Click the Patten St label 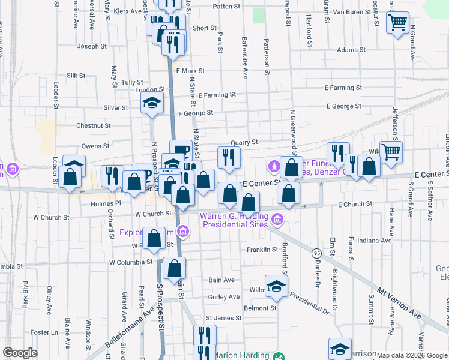226,7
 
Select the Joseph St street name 92,46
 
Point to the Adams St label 348,50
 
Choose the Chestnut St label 94,126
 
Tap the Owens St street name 95,146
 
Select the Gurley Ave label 223,297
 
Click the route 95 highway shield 316,254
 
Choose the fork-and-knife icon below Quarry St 229,157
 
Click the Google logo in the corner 20,353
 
